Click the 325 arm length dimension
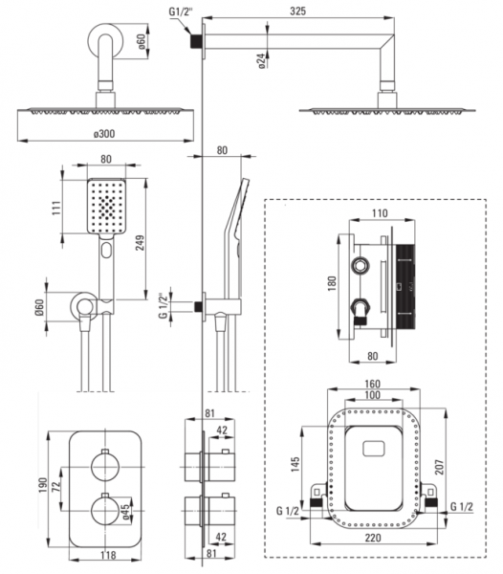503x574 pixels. tap(297, 11)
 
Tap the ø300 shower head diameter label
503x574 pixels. tap(104, 134)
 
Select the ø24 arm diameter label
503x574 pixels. tap(261, 61)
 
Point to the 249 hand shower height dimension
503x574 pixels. tap(140, 243)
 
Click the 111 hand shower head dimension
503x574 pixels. tap(56, 208)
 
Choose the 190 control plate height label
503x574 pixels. tap(43, 485)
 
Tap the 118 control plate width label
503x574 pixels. tap(108, 555)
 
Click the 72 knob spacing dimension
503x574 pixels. tap(55, 486)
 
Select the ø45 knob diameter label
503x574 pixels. tap(125, 512)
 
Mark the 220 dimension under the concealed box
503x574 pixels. tap(373, 538)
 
